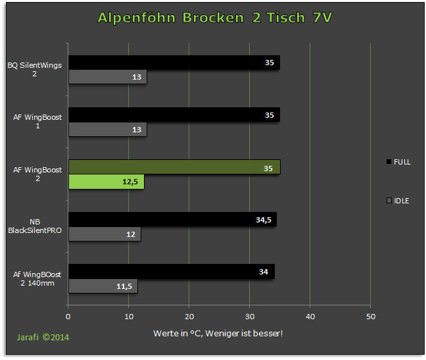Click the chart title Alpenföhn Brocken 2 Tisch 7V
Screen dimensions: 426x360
(x=214, y=18)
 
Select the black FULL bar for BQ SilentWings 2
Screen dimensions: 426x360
(x=174, y=63)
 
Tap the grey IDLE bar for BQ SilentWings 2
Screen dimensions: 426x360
(x=108, y=77)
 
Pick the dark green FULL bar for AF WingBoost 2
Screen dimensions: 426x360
(x=174, y=167)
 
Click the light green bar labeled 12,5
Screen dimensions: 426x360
(x=106, y=182)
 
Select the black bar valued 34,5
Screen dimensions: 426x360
(x=172, y=219)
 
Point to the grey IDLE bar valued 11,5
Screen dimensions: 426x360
(x=103, y=286)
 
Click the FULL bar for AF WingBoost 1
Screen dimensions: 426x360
(x=174, y=115)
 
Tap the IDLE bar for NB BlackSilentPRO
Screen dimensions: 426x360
(x=105, y=234)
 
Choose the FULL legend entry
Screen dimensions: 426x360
(x=398, y=162)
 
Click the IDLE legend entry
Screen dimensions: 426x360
(x=398, y=201)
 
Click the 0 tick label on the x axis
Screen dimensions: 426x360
(x=68, y=317)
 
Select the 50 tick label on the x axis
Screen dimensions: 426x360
(x=371, y=317)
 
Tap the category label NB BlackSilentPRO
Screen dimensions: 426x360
(x=35, y=226)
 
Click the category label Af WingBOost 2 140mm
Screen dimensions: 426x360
(x=37, y=278)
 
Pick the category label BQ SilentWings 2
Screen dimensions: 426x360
(x=34, y=69)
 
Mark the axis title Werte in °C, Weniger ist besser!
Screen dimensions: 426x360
(x=218, y=334)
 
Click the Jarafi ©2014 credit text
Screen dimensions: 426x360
(x=43, y=338)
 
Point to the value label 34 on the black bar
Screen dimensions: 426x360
(x=264, y=272)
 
